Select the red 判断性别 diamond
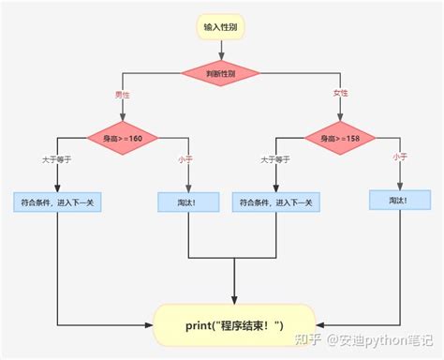221,72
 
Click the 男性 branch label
123,95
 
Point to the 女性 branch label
339,95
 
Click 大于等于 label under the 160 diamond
57,158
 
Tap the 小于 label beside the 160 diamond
185,158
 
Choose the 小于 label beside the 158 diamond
400,157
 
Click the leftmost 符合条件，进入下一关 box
57,202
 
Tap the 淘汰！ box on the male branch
188,202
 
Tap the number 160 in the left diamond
138,139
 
